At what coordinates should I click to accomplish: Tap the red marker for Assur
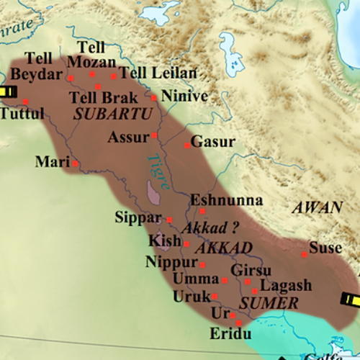click(x=154, y=135)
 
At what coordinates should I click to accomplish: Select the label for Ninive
click(x=184, y=96)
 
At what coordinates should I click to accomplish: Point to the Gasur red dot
click(x=187, y=145)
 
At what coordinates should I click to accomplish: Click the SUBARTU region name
click(x=113, y=114)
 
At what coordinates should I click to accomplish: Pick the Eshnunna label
click(x=226, y=200)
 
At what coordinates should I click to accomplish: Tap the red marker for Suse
click(x=305, y=254)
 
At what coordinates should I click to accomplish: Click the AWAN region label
click(x=317, y=208)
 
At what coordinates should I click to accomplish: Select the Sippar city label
click(x=139, y=217)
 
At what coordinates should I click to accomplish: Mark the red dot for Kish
click(x=186, y=244)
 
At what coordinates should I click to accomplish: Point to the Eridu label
click(x=230, y=336)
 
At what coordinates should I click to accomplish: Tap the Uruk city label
click(x=191, y=296)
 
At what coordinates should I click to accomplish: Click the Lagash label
click(x=286, y=285)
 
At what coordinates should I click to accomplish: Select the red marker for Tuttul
click(x=25, y=102)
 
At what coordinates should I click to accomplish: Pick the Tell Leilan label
click(x=158, y=73)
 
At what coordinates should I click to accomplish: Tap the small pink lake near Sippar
click(x=152, y=192)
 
